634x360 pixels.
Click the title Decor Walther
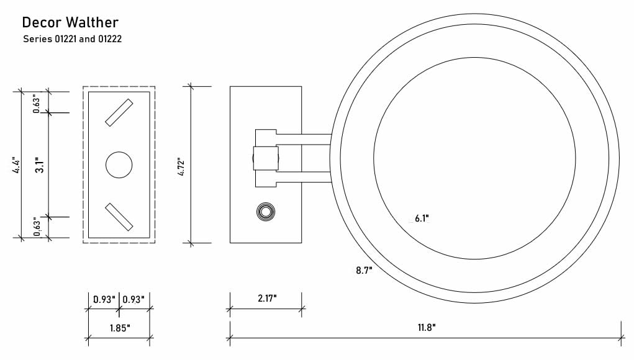click(x=70, y=22)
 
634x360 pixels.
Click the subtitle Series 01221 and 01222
click(x=73, y=39)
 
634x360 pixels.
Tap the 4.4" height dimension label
click(x=17, y=165)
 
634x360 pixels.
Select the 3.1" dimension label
click(x=40, y=165)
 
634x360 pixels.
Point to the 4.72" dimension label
click(x=181, y=166)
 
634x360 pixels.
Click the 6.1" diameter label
click(x=422, y=218)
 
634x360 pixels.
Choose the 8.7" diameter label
click(x=364, y=270)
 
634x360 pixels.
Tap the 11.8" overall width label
click(x=427, y=327)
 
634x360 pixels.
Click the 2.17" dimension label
click(x=267, y=299)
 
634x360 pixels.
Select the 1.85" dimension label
click(x=120, y=328)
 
